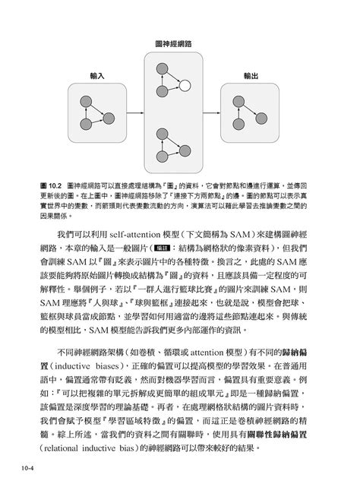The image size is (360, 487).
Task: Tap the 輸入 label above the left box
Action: (96, 77)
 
